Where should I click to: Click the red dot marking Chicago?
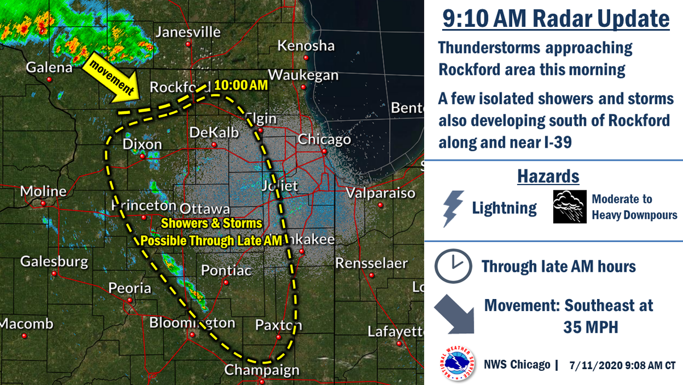(323, 151)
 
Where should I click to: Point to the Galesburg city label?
(54, 261)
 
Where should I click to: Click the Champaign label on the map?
(262, 370)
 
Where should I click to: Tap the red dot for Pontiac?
(226, 282)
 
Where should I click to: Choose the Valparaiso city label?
(381, 192)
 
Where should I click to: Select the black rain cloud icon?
(570, 207)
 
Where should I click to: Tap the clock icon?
(453, 266)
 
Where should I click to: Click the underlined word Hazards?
(548, 177)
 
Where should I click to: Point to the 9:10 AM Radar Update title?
(556, 19)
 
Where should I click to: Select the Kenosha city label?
(306, 45)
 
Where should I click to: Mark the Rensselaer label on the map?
(371, 263)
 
